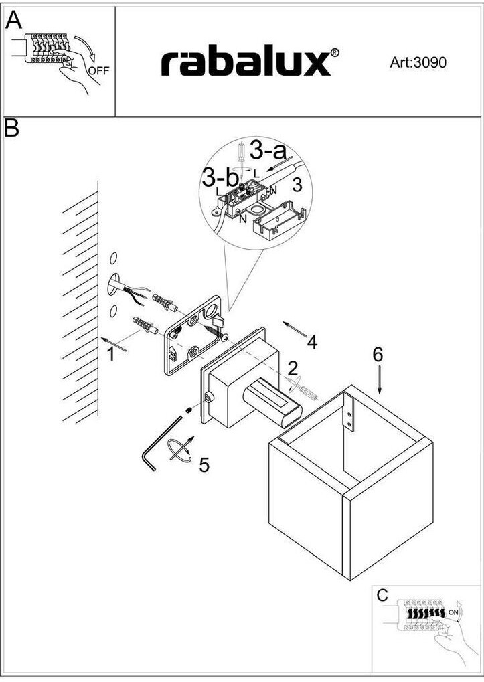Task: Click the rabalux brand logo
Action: pos(245,62)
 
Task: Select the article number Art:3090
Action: pos(418,63)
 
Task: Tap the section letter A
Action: pos(13,21)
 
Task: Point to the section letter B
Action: pos(12,128)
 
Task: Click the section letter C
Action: pos(382,595)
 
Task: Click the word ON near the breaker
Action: pos(453,612)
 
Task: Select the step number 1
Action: pos(110,355)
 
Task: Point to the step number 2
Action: pos(293,367)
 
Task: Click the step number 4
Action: pos(312,342)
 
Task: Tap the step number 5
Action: pos(204,464)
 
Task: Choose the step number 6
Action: pos(378,355)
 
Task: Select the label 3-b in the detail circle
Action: pos(220,179)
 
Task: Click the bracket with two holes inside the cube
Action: pos(349,412)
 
